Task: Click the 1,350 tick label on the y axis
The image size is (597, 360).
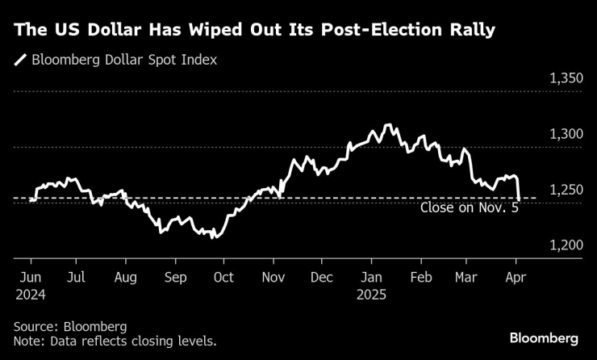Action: point(566,79)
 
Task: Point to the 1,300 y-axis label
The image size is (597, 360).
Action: point(566,134)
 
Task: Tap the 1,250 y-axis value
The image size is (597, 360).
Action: point(566,190)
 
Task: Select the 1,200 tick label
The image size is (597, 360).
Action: point(566,245)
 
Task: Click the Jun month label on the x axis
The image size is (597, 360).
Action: point(30,277)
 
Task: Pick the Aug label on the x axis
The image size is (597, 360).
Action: point(127,277)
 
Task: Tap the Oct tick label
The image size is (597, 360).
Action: point(223,277)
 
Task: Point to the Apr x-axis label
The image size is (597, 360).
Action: point(516,277)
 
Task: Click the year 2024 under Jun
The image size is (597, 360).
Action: point(31,295)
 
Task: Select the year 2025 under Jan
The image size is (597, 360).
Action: point(371,295)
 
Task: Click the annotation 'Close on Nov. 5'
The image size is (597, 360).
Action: point(469,207)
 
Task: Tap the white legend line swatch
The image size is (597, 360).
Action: point(19,61)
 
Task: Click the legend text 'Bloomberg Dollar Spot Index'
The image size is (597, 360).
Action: point(124,61)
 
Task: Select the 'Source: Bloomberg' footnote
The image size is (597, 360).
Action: point(70,326)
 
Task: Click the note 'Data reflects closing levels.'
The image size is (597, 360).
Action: point(132,342)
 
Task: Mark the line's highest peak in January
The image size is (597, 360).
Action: point(389,125)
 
